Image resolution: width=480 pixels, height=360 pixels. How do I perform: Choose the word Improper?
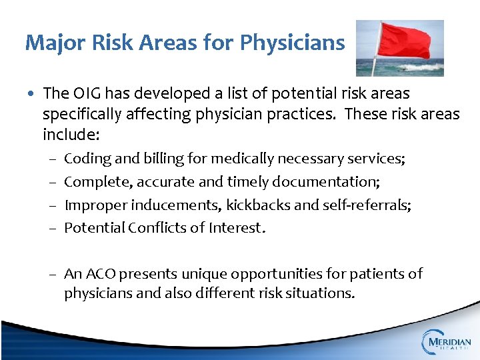(90, 205)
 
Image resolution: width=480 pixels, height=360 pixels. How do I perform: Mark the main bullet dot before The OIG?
(32, 94)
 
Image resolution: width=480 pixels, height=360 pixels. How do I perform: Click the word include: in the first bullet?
(71, 135)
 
